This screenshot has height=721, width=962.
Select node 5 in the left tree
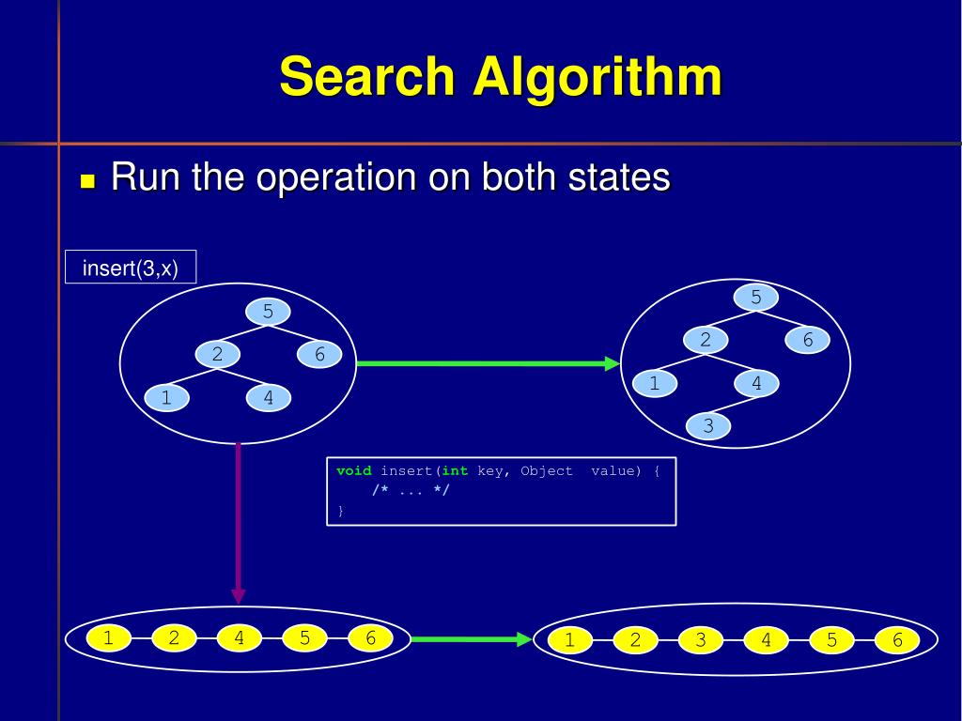[x=268, y=311]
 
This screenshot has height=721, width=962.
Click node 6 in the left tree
[x=319, y=355]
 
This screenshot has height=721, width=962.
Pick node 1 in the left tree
[x=166, y=398]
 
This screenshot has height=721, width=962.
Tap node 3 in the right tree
[x=708, y=426]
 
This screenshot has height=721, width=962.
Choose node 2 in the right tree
[x=706, y=340]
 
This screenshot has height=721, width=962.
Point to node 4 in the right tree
[x=756, y=383]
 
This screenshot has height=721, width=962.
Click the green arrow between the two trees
[x=488, y=363]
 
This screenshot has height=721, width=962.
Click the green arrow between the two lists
[x=471, y=639]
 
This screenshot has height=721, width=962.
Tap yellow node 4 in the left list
[x=240, y=638]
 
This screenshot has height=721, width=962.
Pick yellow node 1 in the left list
[x=108, y=638]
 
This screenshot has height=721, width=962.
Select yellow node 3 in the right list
[x=701, y=640]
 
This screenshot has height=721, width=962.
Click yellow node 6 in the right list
[x=897, y=640]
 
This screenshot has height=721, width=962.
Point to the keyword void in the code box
[x=354, y=471]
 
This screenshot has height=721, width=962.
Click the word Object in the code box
[x=547, y=471]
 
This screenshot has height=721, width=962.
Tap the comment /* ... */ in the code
[x=411, y=491]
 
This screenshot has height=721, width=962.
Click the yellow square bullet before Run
[x=88, y=181]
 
